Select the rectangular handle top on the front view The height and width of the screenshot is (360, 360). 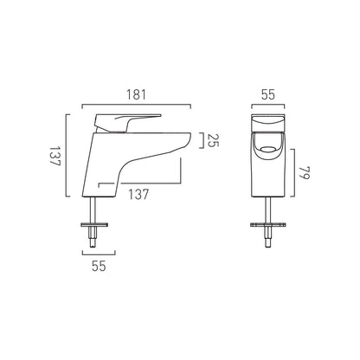click(x=272, y=123)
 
